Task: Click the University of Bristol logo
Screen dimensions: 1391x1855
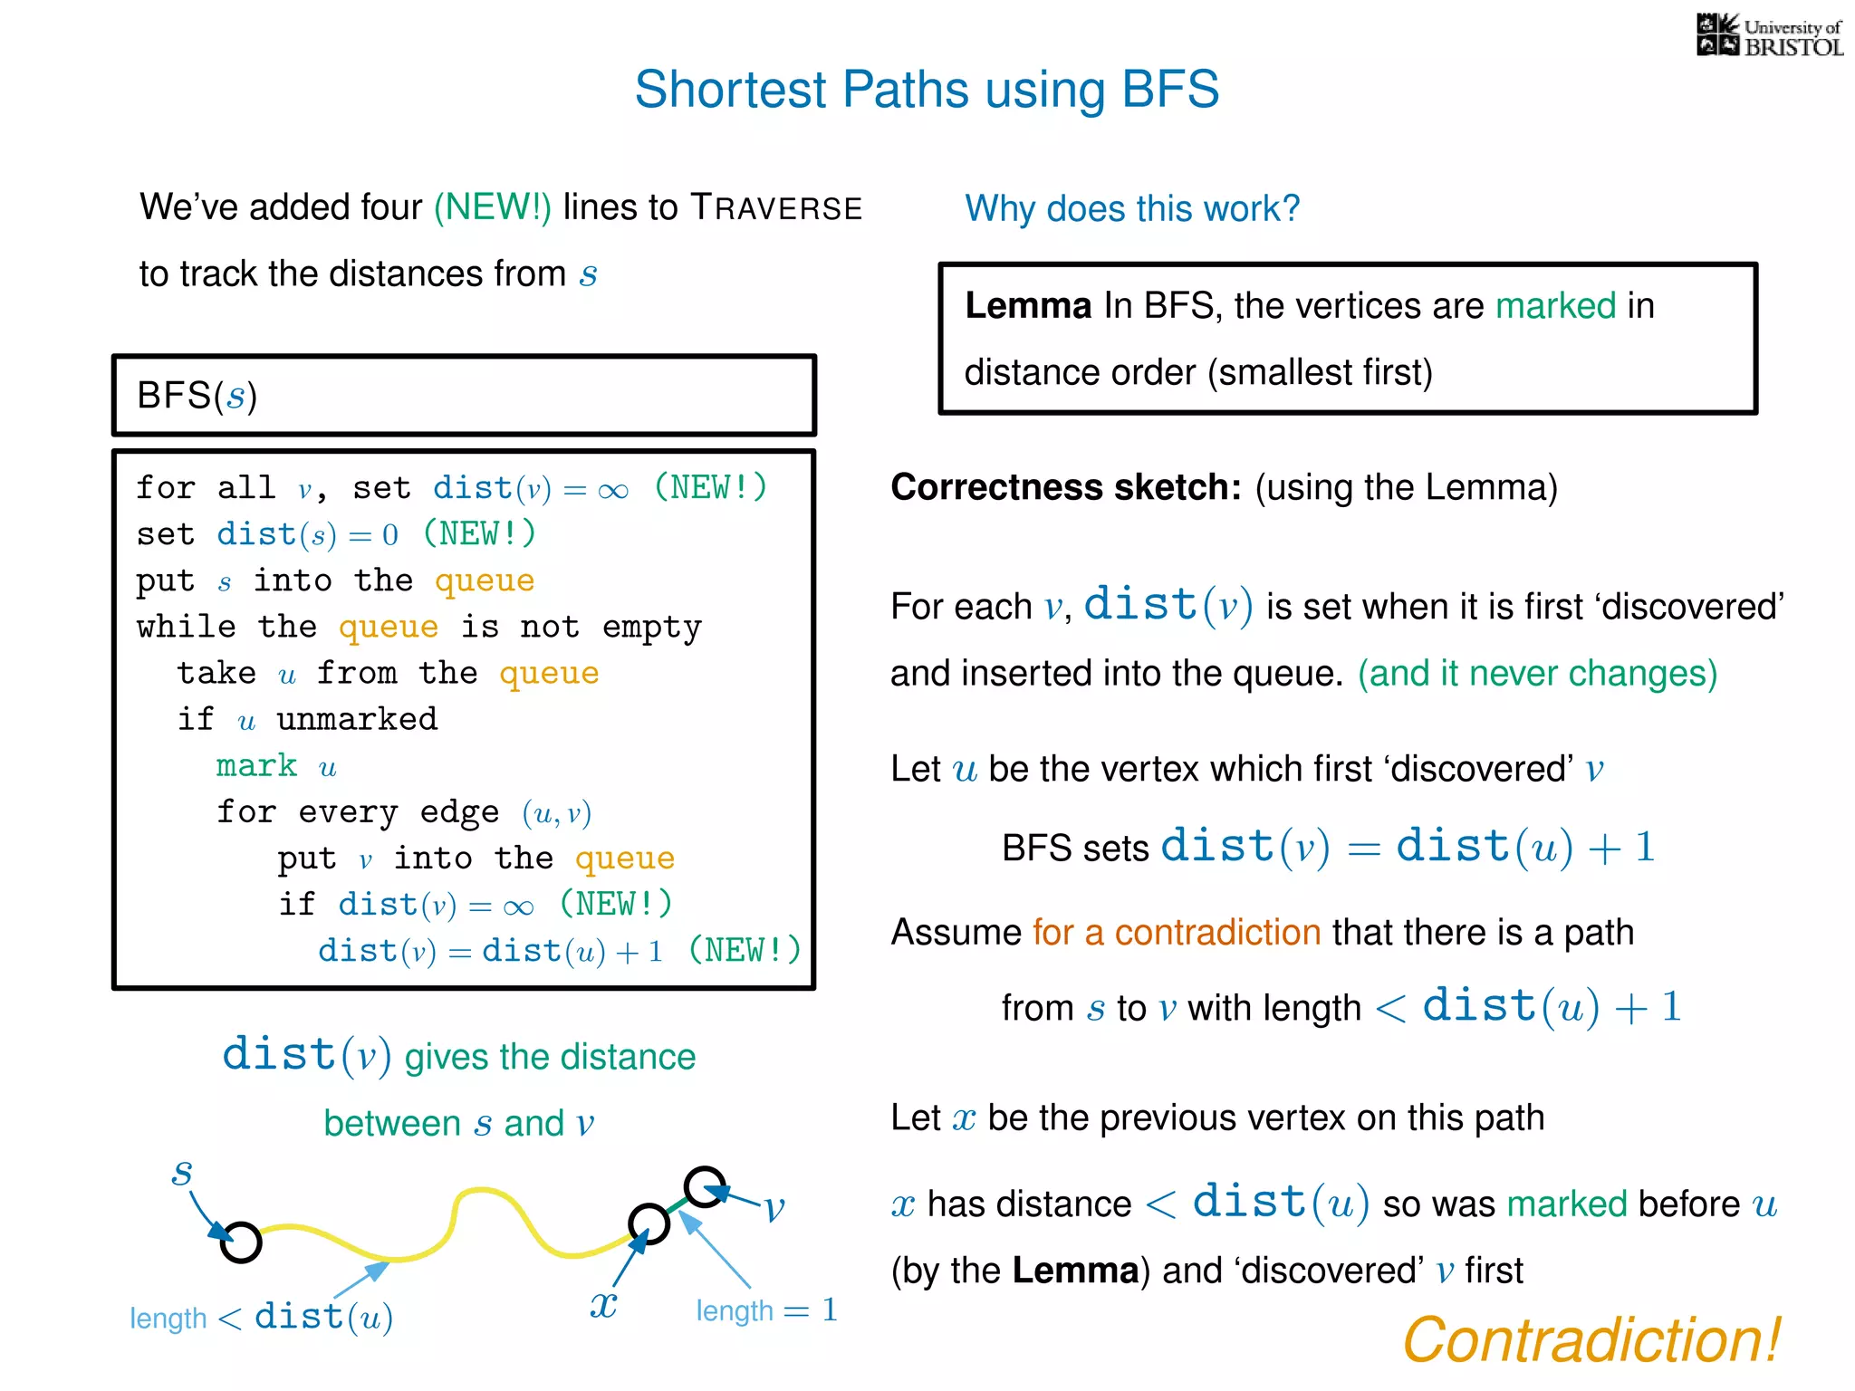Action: [1769, 36]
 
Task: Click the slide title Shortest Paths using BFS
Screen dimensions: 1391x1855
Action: [927, 90]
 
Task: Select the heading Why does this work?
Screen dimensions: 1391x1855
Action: [1131, 209]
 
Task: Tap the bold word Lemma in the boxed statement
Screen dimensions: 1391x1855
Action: [1028, 306]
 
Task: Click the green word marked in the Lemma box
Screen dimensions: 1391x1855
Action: [1555, 306]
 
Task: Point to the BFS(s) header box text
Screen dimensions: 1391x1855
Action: [197, 396]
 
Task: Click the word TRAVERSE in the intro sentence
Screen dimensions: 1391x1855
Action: [776, 207]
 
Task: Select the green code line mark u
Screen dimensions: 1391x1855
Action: [275, 766]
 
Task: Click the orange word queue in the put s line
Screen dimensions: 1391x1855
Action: [485, 580]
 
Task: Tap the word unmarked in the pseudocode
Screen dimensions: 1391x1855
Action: [357, 719]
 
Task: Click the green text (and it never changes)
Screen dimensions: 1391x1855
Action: [1537, 674]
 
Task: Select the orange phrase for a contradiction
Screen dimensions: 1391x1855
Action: [1177, 933]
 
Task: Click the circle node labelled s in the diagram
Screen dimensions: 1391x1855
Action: [241, 1242]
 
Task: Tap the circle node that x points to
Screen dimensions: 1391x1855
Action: [649, 1223]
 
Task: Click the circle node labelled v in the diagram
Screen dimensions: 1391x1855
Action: [705, 1186]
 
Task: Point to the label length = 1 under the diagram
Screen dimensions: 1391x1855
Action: [766, 1310]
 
